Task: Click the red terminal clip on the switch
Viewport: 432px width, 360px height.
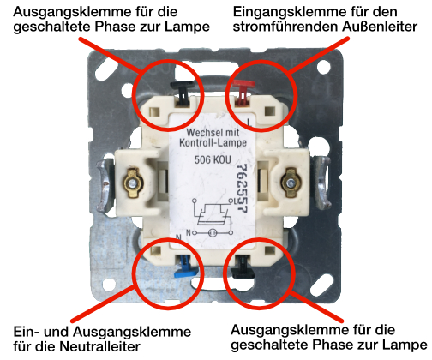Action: (x=246, y=87)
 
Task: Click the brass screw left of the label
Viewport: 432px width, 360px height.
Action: (x=135, y=181)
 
